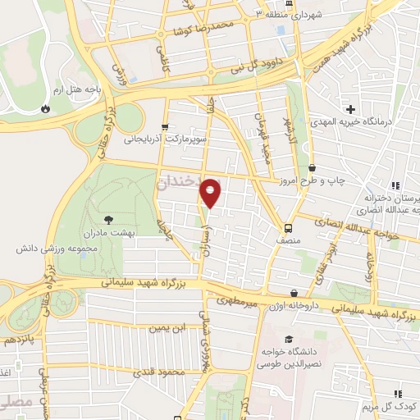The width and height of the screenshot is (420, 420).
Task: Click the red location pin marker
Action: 211,193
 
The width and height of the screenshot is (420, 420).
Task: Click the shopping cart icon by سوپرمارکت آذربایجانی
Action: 166,126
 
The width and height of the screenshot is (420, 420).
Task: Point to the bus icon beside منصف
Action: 288,228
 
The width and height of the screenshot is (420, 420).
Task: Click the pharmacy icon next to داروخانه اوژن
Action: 294,294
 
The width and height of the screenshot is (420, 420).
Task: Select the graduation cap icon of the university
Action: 288,339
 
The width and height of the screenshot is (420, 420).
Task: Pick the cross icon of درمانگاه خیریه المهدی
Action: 350,109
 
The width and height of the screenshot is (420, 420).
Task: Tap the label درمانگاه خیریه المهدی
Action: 365,121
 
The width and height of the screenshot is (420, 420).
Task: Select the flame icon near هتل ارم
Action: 45,107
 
